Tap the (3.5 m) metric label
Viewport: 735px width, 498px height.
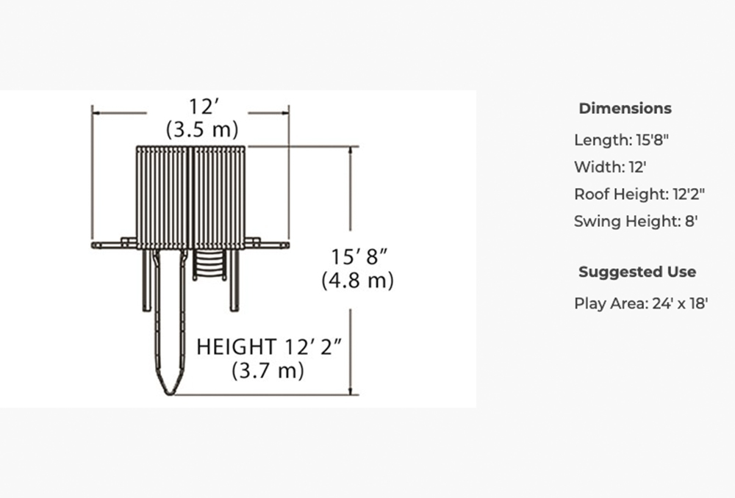coord(203,129)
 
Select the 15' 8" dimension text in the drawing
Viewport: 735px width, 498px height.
coord(359,257)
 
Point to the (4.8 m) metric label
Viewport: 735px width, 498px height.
coord(358,280)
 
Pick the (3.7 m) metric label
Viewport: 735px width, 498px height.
coord(268,371)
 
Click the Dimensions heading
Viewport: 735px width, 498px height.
coord(625,108)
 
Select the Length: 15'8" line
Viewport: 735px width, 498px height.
coord(621,140)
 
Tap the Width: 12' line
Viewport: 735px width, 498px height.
coord(610,167)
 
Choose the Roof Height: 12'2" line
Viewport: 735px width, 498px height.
coord(639,194)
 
